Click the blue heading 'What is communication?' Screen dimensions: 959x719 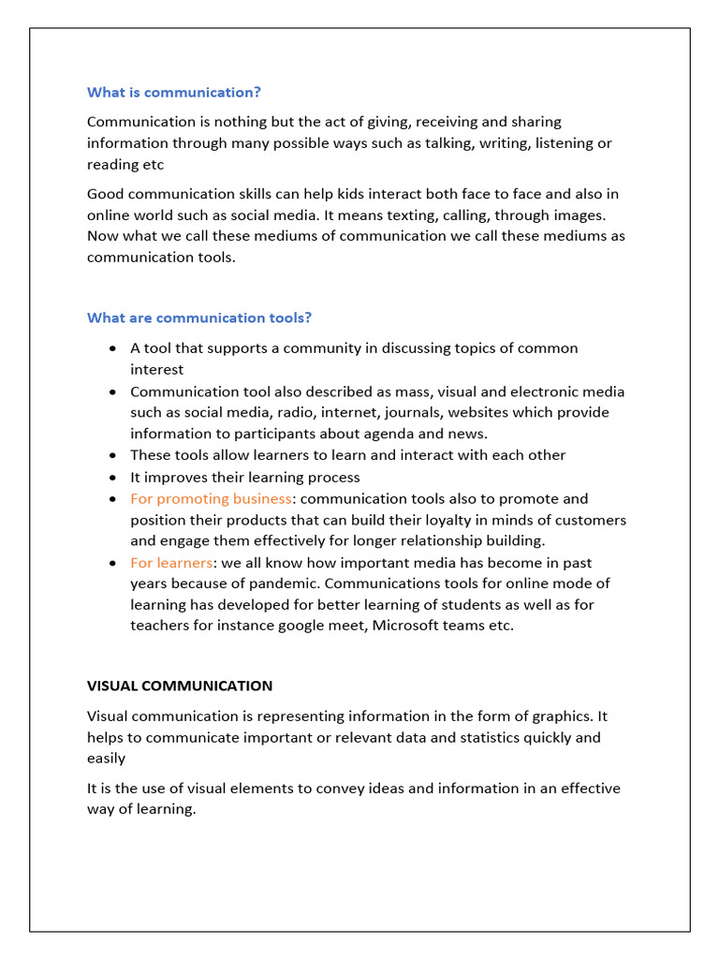tap(174, 92)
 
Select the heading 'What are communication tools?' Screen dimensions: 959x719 tap(199, 317)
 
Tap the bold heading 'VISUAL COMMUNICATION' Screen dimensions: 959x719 tap(180, 686)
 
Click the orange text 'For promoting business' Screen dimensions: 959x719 tap(211, 498)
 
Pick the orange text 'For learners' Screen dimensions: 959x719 tap(171, 562)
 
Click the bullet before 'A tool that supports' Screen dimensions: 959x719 tap(113, 348)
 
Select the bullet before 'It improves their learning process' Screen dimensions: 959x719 tap(113, 478)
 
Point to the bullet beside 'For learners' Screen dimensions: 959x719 tap(113, 563)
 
